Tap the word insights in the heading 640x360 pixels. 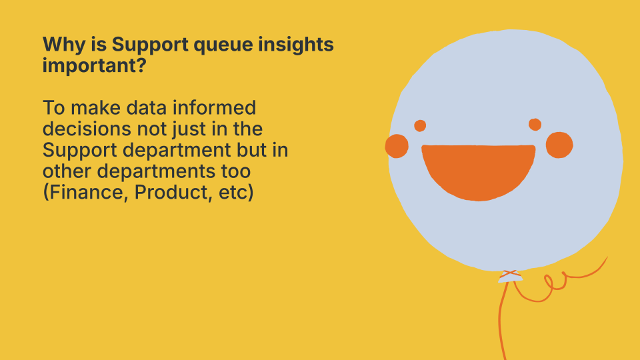tap(296, 45)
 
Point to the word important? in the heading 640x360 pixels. tap(94, 66)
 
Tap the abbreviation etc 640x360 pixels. tap(232, 193)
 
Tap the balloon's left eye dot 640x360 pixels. tap(420, 126)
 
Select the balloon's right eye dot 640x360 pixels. tap(535, 125)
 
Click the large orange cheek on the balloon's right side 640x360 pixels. tap(559, 145)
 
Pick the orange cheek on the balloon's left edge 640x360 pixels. tap(397, 146)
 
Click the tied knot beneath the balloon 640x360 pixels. tap(510, 276)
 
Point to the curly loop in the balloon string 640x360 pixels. tap(554, 281)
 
